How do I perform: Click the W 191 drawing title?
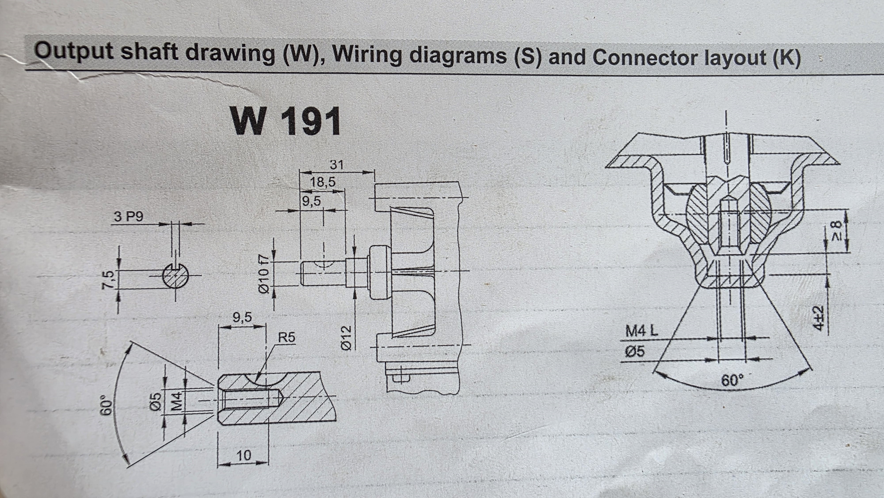(286, 121)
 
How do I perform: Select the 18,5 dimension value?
(323, 182)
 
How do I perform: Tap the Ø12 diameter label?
(347, 338)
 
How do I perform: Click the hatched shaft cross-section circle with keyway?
(176, 276)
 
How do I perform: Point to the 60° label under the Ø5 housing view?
(732, 380)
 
